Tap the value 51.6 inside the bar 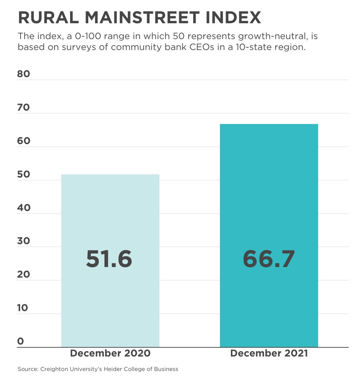[x=109, y=259]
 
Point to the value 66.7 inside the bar [x=269, y=259]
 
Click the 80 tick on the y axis [x=24, y=74]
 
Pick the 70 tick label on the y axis [x=24, y=107]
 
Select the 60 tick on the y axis [x=24, y=141]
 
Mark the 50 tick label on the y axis [x=24, y=174]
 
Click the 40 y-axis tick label [x=24, y=208]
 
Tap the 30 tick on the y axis [x=24, y=241]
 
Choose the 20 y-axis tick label [x=24, y=274]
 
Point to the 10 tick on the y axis [x=23, y=308]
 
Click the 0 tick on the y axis [x=20, y=341]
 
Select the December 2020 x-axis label [x=110, y=353]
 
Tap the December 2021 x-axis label [x=269, y=353]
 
